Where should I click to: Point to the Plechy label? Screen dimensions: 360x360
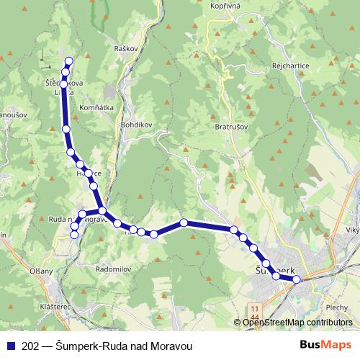click(337, 307)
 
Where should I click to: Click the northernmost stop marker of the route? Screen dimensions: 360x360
click(69, 61)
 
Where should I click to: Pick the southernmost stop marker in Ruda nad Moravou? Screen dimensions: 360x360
click(75, 235)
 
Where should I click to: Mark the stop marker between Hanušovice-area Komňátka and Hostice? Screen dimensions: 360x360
click(66, 129)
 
